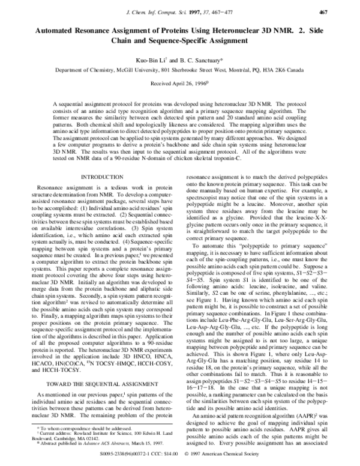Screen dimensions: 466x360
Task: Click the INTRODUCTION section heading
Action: tap(101, 178)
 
